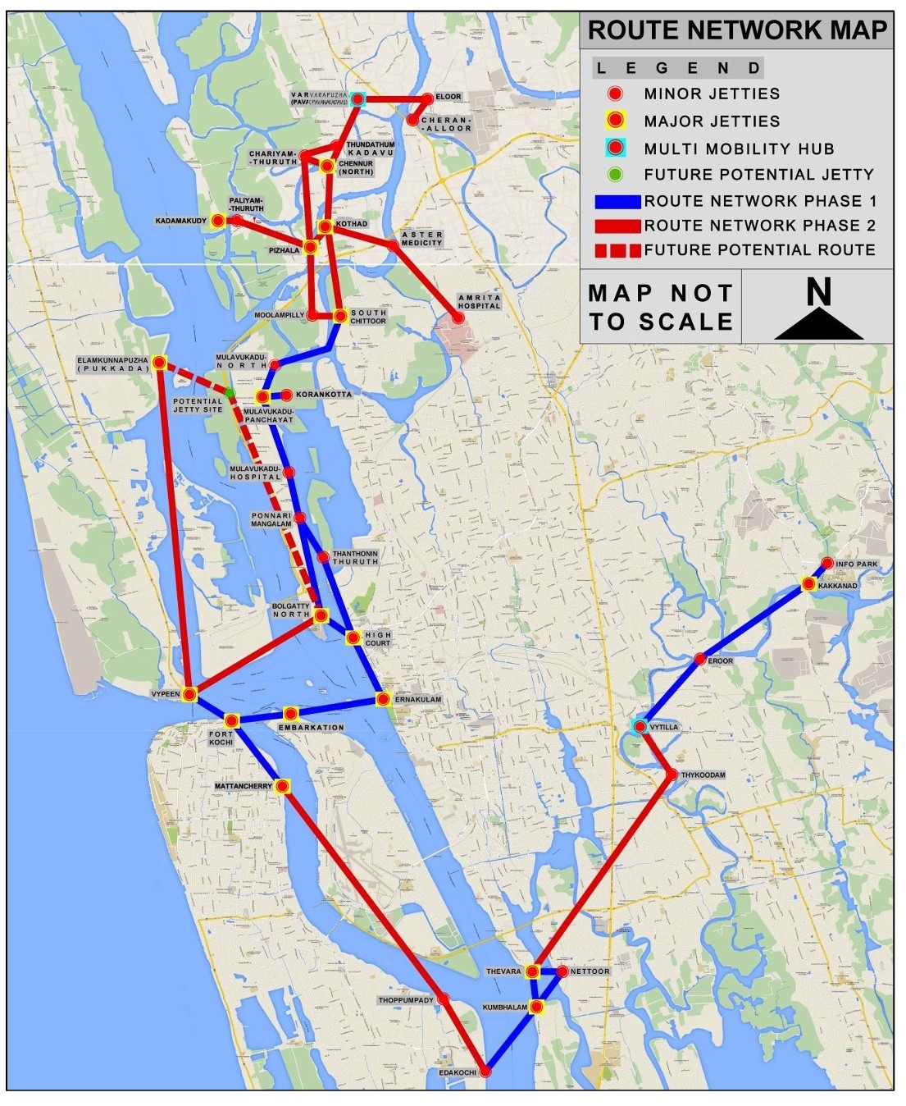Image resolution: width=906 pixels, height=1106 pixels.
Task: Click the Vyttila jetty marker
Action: [640, 726]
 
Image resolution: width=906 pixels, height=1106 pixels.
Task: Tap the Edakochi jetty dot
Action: [485, 1072]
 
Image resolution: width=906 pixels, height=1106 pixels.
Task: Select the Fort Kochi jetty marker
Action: [232, 720]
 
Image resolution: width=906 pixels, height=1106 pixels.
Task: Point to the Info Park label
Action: [856, 564]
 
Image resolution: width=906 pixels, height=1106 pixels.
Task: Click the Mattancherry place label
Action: [243, 787]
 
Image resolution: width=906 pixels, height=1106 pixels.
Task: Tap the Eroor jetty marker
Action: [700, 659]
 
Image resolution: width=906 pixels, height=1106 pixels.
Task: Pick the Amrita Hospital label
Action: [479, 302]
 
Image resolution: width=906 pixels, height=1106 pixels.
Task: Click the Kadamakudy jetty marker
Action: [217, 221]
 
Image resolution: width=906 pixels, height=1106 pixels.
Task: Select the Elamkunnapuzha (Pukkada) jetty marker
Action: [160, 362]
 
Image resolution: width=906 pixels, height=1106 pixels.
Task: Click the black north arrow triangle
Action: [818, 325]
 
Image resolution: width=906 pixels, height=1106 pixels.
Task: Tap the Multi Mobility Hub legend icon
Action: [615, 149]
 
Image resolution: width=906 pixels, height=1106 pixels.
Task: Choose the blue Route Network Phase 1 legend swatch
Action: [617, 201]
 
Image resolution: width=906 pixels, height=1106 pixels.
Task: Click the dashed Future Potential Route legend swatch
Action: [617, 250]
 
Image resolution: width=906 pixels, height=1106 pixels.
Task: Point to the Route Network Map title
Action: [737, 30]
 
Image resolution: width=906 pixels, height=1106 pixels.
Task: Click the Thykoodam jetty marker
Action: [672, 775]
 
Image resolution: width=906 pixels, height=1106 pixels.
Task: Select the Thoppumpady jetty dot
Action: [443, 999]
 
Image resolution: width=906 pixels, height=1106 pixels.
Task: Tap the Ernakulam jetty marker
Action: [383, 699]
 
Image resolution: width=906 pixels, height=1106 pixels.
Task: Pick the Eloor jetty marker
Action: [427, 98]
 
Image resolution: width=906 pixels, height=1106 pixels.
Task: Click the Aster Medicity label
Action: [421, 239]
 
